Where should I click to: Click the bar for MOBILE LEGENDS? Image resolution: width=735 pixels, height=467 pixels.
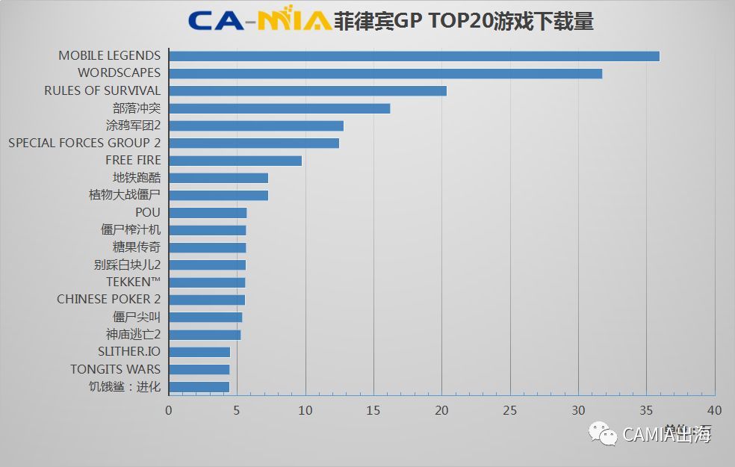click(414, 56)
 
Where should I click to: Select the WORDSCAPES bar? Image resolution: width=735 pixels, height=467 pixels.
click(385, 73)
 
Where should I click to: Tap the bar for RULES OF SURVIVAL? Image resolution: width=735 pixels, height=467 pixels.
click(308, 90)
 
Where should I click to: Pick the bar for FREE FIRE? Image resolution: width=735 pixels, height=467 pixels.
click(235, 161)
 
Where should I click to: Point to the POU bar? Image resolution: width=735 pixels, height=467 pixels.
click(208, 213)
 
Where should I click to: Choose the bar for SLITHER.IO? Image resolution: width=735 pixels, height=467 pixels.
click(199, 352)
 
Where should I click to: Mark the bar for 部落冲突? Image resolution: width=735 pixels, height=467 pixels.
click(279, 108)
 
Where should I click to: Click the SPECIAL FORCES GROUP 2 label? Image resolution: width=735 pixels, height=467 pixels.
click(84, 143)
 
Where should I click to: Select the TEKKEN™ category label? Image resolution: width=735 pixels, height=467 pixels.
click(134, 282)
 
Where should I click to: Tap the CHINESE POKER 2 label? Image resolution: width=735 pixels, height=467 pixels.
click(109, 299)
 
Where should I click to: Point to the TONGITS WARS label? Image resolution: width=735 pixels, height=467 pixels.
click(116, 369)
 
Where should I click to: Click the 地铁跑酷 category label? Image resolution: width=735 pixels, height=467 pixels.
click(137, 178)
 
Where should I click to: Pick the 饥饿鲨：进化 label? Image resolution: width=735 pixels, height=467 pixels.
click(125, 386)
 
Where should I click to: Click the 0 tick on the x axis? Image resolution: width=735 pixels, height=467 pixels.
click(169, 409)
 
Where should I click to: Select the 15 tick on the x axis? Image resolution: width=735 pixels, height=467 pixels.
click(373, 409)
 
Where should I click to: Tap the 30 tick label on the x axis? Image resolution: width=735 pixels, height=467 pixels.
click(578, 409)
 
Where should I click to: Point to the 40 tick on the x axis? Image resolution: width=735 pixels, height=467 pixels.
click(715, 409)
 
